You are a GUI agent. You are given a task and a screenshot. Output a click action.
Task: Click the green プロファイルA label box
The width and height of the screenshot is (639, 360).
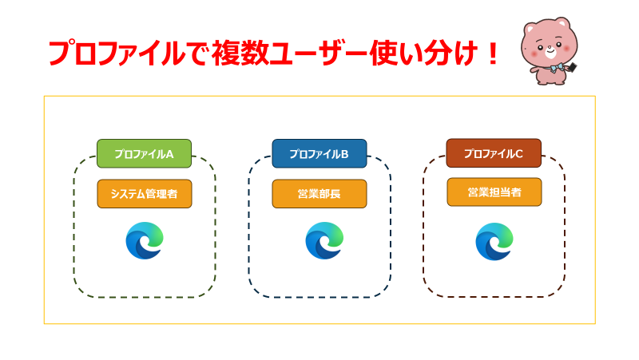(x=145, y=153)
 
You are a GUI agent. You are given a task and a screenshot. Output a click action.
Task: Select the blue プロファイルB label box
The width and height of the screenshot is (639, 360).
(x=319, y=153)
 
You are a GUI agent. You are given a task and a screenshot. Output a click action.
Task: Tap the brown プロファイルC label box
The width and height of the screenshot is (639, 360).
(x=494, y=153)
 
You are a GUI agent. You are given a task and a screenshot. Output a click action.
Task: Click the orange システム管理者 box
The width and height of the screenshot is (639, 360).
(x=145, y=194)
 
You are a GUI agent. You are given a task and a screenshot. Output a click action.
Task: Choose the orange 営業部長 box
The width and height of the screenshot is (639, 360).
(x=319, y=194)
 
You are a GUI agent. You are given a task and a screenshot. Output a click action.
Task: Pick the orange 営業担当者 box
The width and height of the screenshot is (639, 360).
(x=494, y=192)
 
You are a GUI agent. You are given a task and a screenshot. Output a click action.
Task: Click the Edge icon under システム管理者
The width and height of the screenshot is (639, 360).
(x=145, y=241)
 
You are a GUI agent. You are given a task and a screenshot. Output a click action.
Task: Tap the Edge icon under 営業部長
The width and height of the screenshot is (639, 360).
(x=324, y=241)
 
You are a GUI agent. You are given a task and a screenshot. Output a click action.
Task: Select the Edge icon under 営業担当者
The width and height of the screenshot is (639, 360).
(x=494, y=242)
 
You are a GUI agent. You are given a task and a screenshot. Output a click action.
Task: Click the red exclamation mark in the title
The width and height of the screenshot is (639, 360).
(x=493, y=53)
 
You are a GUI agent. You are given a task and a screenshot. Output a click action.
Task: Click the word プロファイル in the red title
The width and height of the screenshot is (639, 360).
(x=117, y=53)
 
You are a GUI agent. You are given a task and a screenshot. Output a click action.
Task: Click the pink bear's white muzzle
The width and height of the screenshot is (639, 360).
(x=550, y=51)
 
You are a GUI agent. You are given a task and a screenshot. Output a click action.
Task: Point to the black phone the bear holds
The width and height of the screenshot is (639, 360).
(x=572, y=67)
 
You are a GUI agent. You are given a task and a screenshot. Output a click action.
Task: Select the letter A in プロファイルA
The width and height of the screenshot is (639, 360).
(x=169, y=154)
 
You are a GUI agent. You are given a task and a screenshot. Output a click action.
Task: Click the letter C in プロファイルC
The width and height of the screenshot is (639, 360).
(x=518, y=153)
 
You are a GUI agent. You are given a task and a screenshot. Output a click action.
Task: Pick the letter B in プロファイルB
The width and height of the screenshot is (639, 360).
(x=344, y=154)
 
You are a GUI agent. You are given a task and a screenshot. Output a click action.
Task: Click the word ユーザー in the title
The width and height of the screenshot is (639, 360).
(x=319, y=53)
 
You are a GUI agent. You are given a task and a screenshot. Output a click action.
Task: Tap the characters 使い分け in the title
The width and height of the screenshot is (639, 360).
(x=424, y=53)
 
